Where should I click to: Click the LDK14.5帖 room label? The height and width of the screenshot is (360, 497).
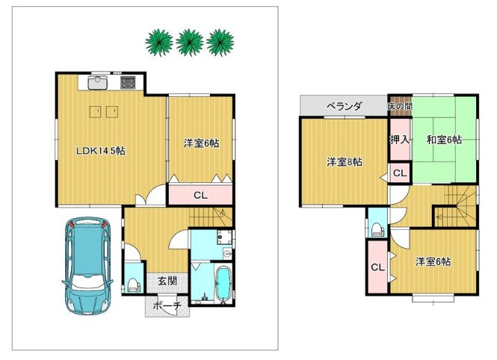click(101, 151)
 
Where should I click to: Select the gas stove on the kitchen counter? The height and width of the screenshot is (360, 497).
click(128, 82)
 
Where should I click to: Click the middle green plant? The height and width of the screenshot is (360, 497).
click(190, 42)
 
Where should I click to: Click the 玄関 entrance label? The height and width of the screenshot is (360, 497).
click(167, 281)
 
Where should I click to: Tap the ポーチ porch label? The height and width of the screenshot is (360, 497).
click(167, 306)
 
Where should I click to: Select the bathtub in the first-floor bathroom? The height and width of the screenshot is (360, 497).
click(223, 283)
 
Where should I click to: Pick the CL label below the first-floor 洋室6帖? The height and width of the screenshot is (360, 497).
click(200, 196)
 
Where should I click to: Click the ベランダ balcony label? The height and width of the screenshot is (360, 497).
click(344, 106)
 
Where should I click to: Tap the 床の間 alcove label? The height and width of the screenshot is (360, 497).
click(401, 106)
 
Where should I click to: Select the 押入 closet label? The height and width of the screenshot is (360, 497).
click(400, 140)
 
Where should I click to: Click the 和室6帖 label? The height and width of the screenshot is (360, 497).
click(444, 140)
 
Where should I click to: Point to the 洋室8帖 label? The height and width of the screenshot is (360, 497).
click(345, 162)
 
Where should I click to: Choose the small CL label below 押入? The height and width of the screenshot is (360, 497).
click(400, 173)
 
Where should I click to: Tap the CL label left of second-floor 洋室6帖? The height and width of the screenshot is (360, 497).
click(377, 267)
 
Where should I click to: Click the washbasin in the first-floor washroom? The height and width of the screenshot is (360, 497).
click(228, 253)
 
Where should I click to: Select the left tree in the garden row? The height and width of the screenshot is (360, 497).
click(159, 43)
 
